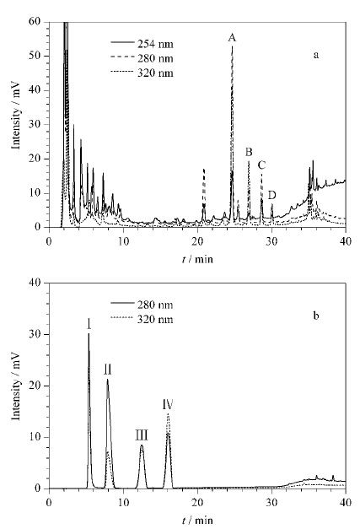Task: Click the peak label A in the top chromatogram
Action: (x=232, y=38)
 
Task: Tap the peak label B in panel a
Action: (x=249, y=152)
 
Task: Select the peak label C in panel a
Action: (x=261, y=165)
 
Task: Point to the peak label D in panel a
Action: (x=272, y=195)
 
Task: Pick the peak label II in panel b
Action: (x=108, y=370)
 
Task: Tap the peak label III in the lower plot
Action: (x=142, y=435)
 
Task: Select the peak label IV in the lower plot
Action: (x=168, y=404)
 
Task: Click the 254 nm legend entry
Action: (x=142, y=44)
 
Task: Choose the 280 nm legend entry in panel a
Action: (x=142, y=58)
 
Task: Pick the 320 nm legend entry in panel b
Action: (x=142, y=319)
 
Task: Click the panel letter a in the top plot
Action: (x=316, y=55)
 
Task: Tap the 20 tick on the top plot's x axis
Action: (x=197, y=241)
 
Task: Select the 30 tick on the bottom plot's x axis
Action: (x=271, y=502)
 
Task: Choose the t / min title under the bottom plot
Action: (x=197, y=521)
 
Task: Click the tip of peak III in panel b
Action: (x=142, y=445)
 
